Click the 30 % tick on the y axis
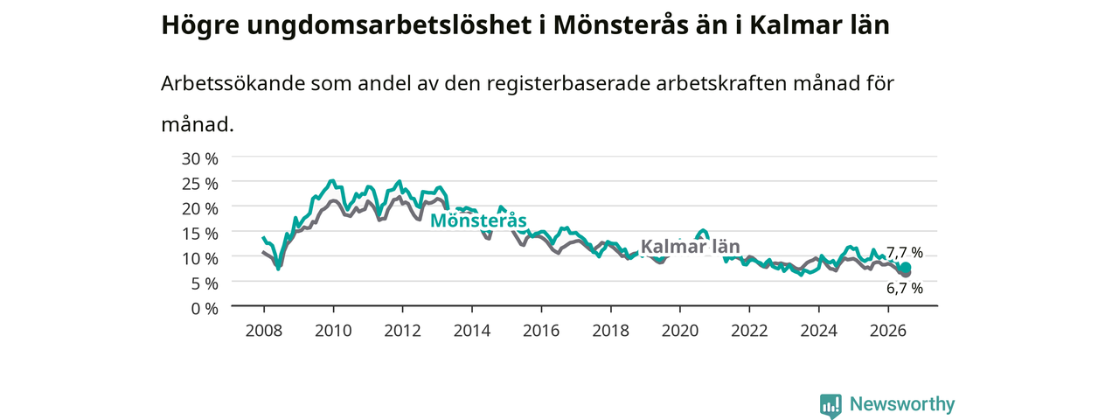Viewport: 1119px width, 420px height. click(200, 159)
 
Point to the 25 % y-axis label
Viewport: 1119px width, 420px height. click(200, 184)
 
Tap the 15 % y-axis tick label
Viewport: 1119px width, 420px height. click(200, 234)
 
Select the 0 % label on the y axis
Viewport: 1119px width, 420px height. click(205, 309)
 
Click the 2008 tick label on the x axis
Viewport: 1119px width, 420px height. click(264, 331)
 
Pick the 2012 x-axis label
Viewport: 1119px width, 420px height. click(403, 331)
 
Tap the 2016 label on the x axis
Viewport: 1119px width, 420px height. click(541, 331)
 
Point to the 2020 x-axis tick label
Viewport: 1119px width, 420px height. click(680, 331)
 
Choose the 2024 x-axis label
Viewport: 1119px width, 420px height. click(819, 331)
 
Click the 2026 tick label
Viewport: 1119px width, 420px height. click(888, 331)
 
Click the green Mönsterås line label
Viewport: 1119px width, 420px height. click(478, 220)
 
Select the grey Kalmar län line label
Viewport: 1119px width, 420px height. click(690, 246)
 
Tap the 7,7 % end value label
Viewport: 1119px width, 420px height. click(905, 252)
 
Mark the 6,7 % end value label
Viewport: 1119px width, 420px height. click(905, 288)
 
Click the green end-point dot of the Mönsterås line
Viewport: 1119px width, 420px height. click(905, 268)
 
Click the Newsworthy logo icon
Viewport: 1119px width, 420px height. click(831, 405)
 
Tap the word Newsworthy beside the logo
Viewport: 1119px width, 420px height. click(902, 403)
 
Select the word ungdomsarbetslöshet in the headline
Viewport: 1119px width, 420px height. click(389, 25)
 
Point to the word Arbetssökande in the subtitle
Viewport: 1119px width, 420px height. click(233, 83)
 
